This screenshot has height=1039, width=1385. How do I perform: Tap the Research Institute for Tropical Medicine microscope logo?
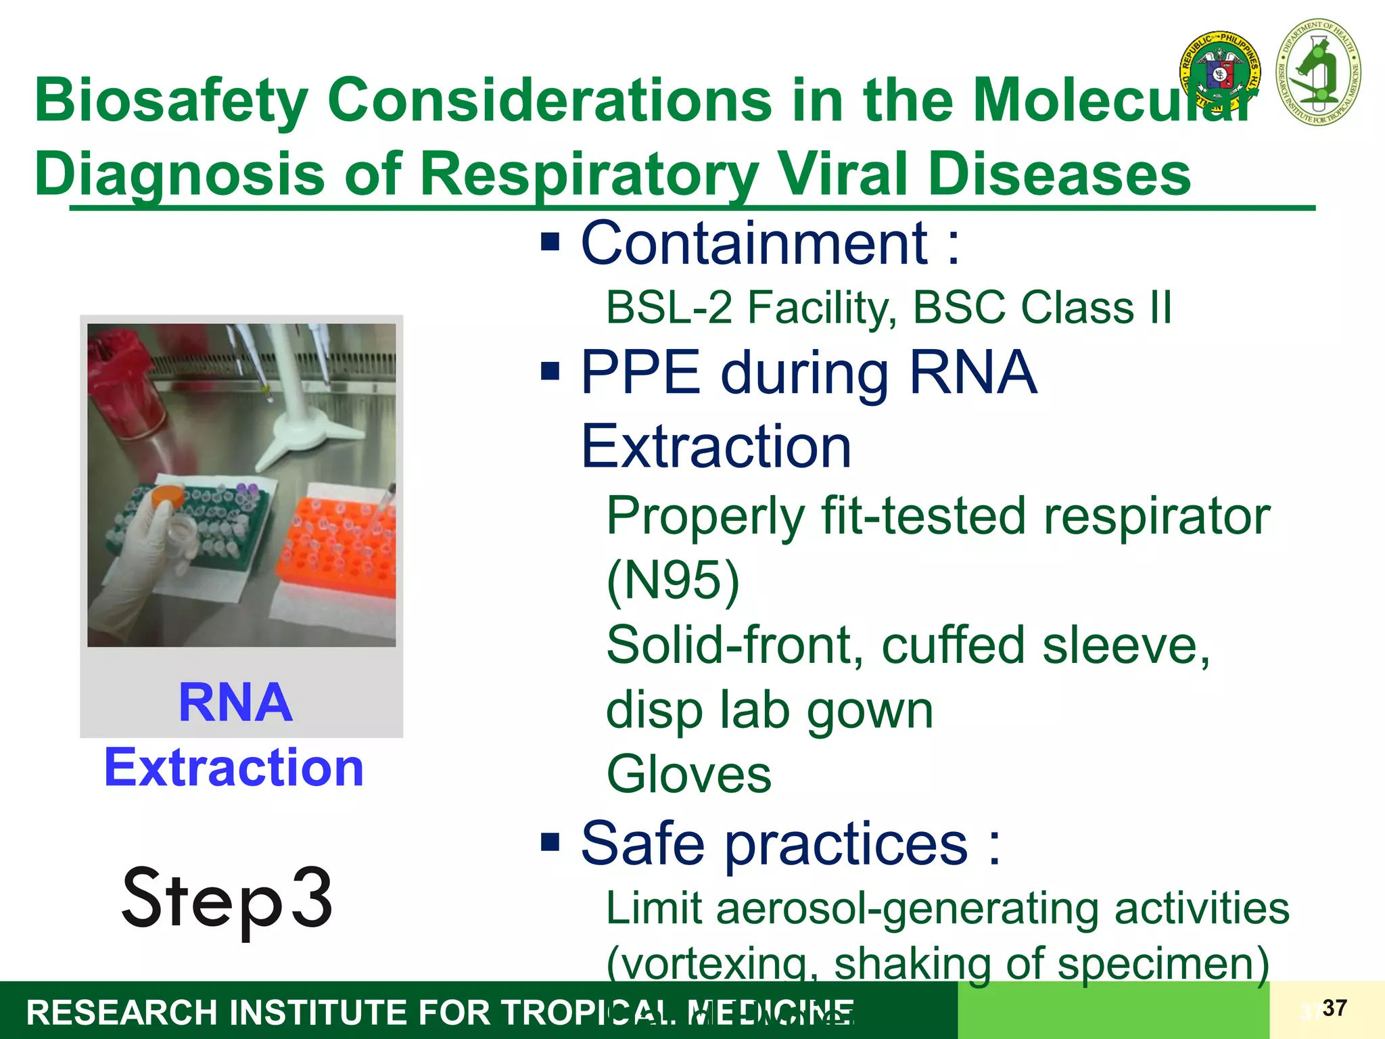(x=1318, y=72)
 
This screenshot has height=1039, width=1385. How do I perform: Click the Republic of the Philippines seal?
(x=1220, y=73)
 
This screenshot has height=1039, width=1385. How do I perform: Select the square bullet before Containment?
(x=550, y=241)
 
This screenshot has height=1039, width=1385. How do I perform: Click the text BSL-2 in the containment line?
(x=669, y=308)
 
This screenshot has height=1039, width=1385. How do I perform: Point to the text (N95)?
(x=673, y=581)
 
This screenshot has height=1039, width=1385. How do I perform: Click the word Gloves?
(x=688, y=775)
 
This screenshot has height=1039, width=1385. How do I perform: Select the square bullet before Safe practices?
(x=550, y=842)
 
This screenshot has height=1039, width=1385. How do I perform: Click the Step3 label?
(x=227, y=899)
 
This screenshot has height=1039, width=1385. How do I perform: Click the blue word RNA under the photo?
(x=235, y=703)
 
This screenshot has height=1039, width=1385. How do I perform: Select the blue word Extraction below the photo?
(x=234, y=768)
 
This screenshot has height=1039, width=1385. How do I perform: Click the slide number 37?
(x=1334, y=1008)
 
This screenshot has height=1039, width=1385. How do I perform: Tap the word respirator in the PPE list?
(x=1156, y=516)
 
